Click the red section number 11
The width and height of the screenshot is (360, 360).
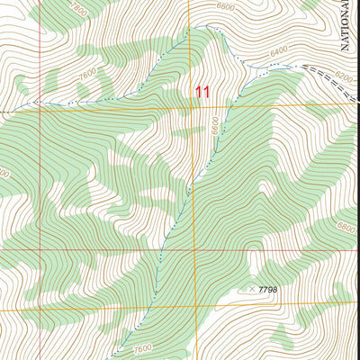[202, 92]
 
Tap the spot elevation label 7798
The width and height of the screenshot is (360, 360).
[267, 290]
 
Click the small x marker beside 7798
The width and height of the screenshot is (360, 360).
[251, 289]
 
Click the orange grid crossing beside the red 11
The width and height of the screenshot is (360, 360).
[192, 107]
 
